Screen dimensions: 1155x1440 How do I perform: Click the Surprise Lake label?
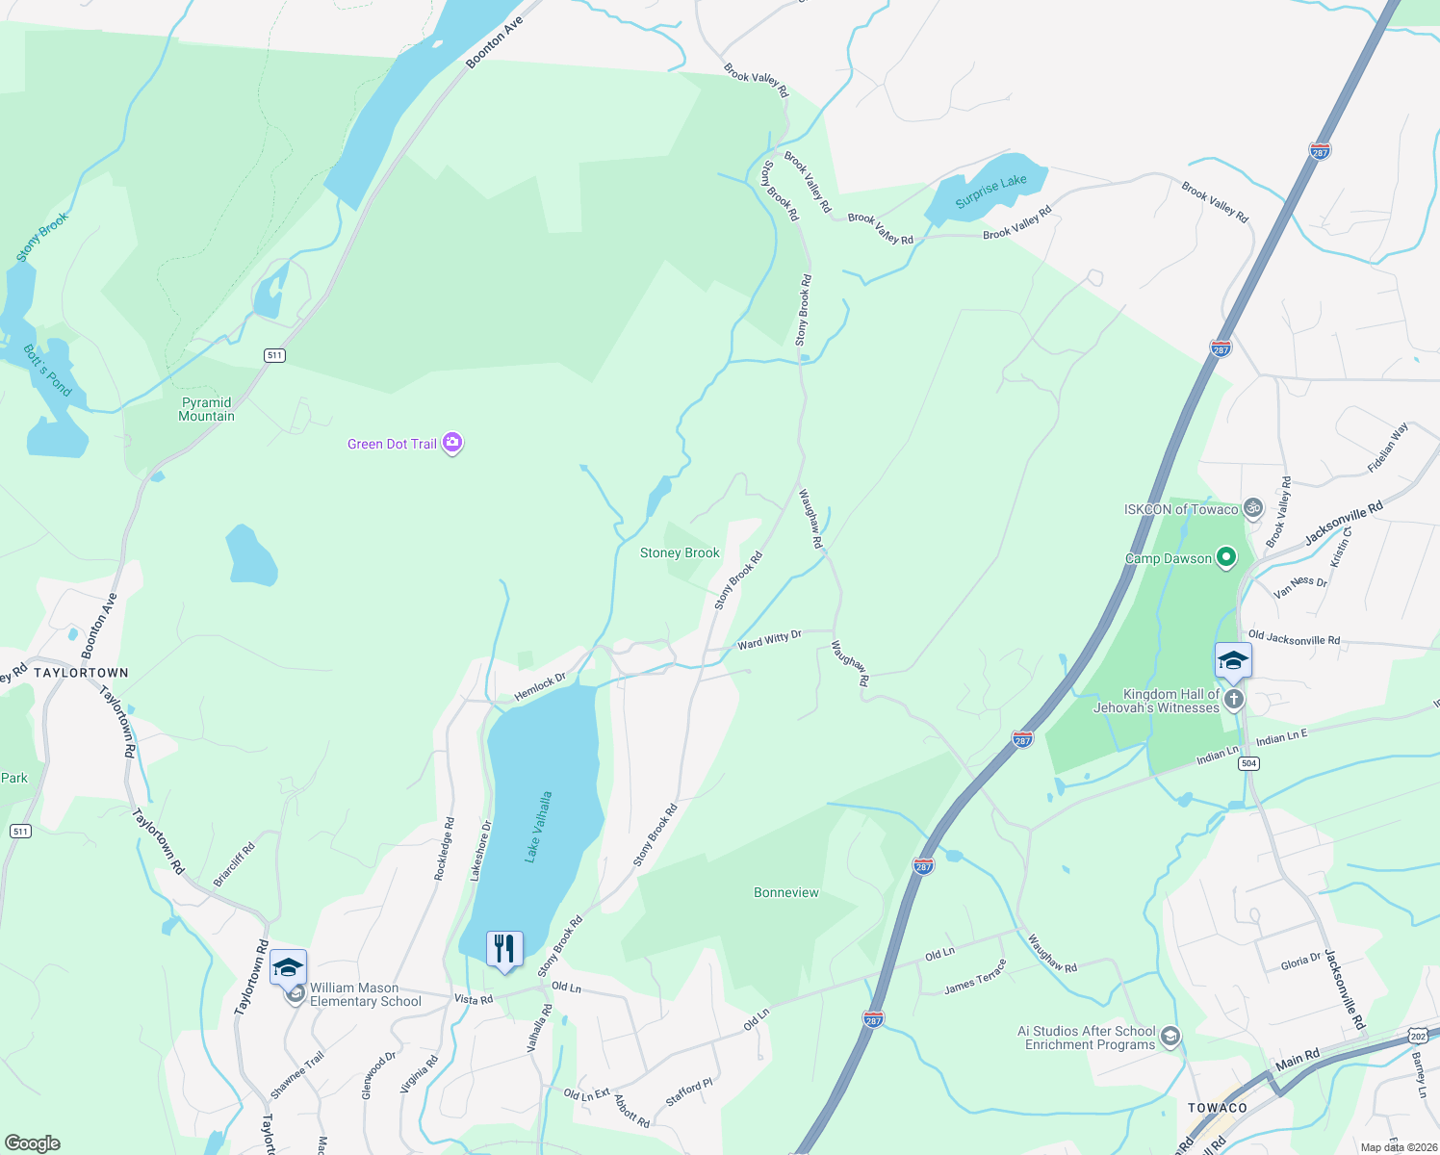[990, 192]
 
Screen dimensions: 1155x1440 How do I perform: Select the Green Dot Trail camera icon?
[452, 444]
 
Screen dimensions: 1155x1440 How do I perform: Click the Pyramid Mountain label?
[206, 409]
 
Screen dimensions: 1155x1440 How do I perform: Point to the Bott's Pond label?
[47, 371]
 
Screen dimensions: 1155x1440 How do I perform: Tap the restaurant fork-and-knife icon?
[504, 949]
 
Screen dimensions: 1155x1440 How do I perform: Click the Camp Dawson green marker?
[1225, 557]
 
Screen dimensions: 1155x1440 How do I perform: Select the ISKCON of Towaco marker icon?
[1252, 508]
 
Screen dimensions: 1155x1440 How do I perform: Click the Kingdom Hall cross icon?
[1234, 700]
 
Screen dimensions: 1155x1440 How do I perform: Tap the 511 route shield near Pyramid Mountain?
[275, 355]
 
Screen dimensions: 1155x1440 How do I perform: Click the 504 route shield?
[1248, 763]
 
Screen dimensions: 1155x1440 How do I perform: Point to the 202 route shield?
[1417, 1036]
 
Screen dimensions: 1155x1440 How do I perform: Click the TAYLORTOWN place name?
[81, 673]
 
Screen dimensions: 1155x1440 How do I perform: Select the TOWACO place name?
[1217, 1108]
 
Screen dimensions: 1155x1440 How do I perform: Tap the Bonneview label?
[786, 892]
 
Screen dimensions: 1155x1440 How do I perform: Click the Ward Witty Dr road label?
[769, 640]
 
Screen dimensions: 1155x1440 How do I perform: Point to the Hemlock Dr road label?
[540, 687]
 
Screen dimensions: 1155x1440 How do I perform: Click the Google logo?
[33, 1143]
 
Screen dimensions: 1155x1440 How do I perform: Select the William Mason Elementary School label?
[365, 994]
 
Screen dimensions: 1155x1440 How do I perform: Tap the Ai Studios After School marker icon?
[1170, 1037]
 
